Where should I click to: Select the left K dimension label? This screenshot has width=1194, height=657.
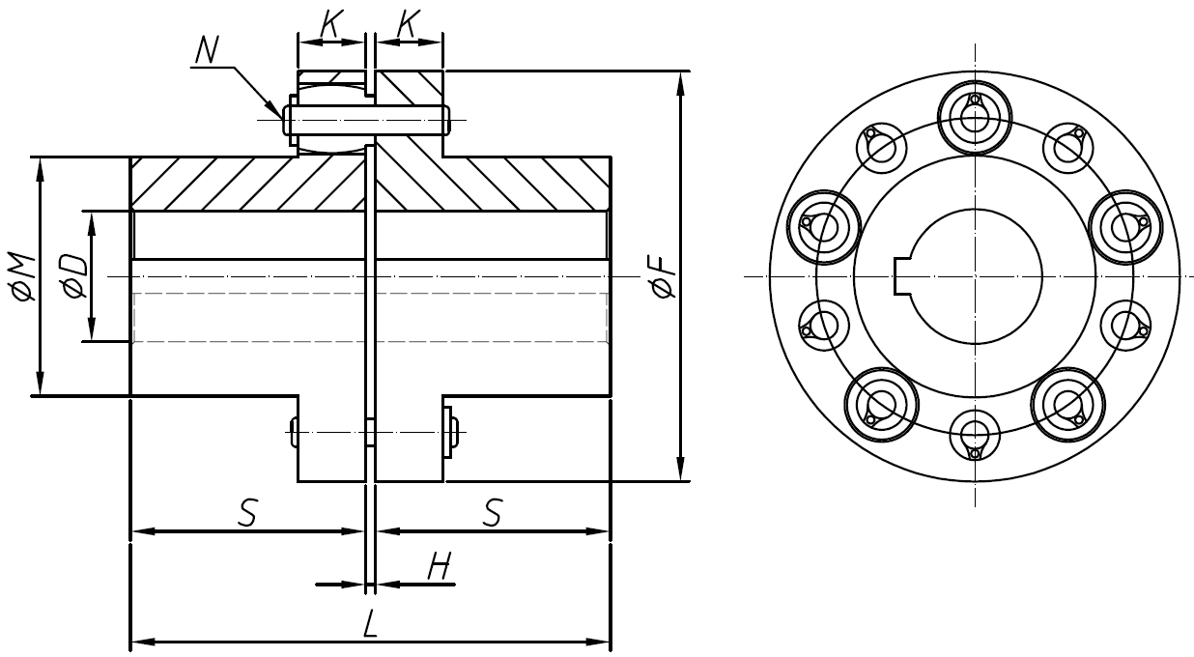[329, 26]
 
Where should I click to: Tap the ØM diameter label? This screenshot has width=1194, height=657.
[24, 278]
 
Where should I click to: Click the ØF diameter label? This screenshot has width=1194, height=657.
[664, 277]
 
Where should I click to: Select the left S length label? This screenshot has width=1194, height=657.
[247, 514]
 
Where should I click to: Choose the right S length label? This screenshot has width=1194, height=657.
[492, 514]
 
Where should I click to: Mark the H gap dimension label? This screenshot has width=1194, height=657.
[440, 568]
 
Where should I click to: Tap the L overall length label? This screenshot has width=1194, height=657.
[369, 625]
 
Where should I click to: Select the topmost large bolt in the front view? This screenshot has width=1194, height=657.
[975, 117]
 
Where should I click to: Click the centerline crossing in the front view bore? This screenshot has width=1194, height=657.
[975, 276]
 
